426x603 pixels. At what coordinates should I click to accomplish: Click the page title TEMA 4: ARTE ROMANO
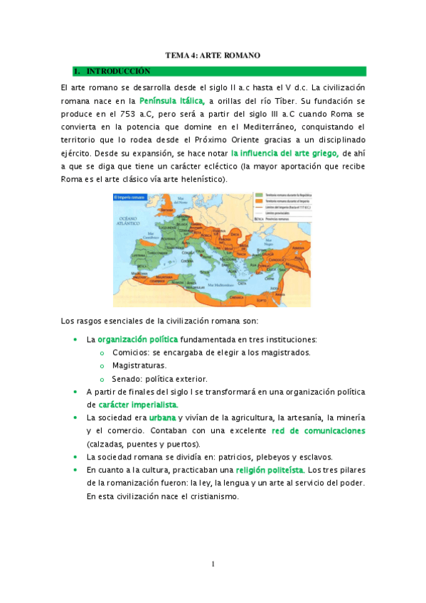point(213,55)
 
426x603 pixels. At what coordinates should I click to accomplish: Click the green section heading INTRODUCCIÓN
point(118,71)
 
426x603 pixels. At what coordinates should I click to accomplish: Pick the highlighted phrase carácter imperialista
point(138,405)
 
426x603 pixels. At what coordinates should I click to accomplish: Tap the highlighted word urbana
point(162,417)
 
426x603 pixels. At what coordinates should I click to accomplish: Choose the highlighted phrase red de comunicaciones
point(319,431)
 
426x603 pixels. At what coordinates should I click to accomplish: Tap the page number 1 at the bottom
point(213,565)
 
